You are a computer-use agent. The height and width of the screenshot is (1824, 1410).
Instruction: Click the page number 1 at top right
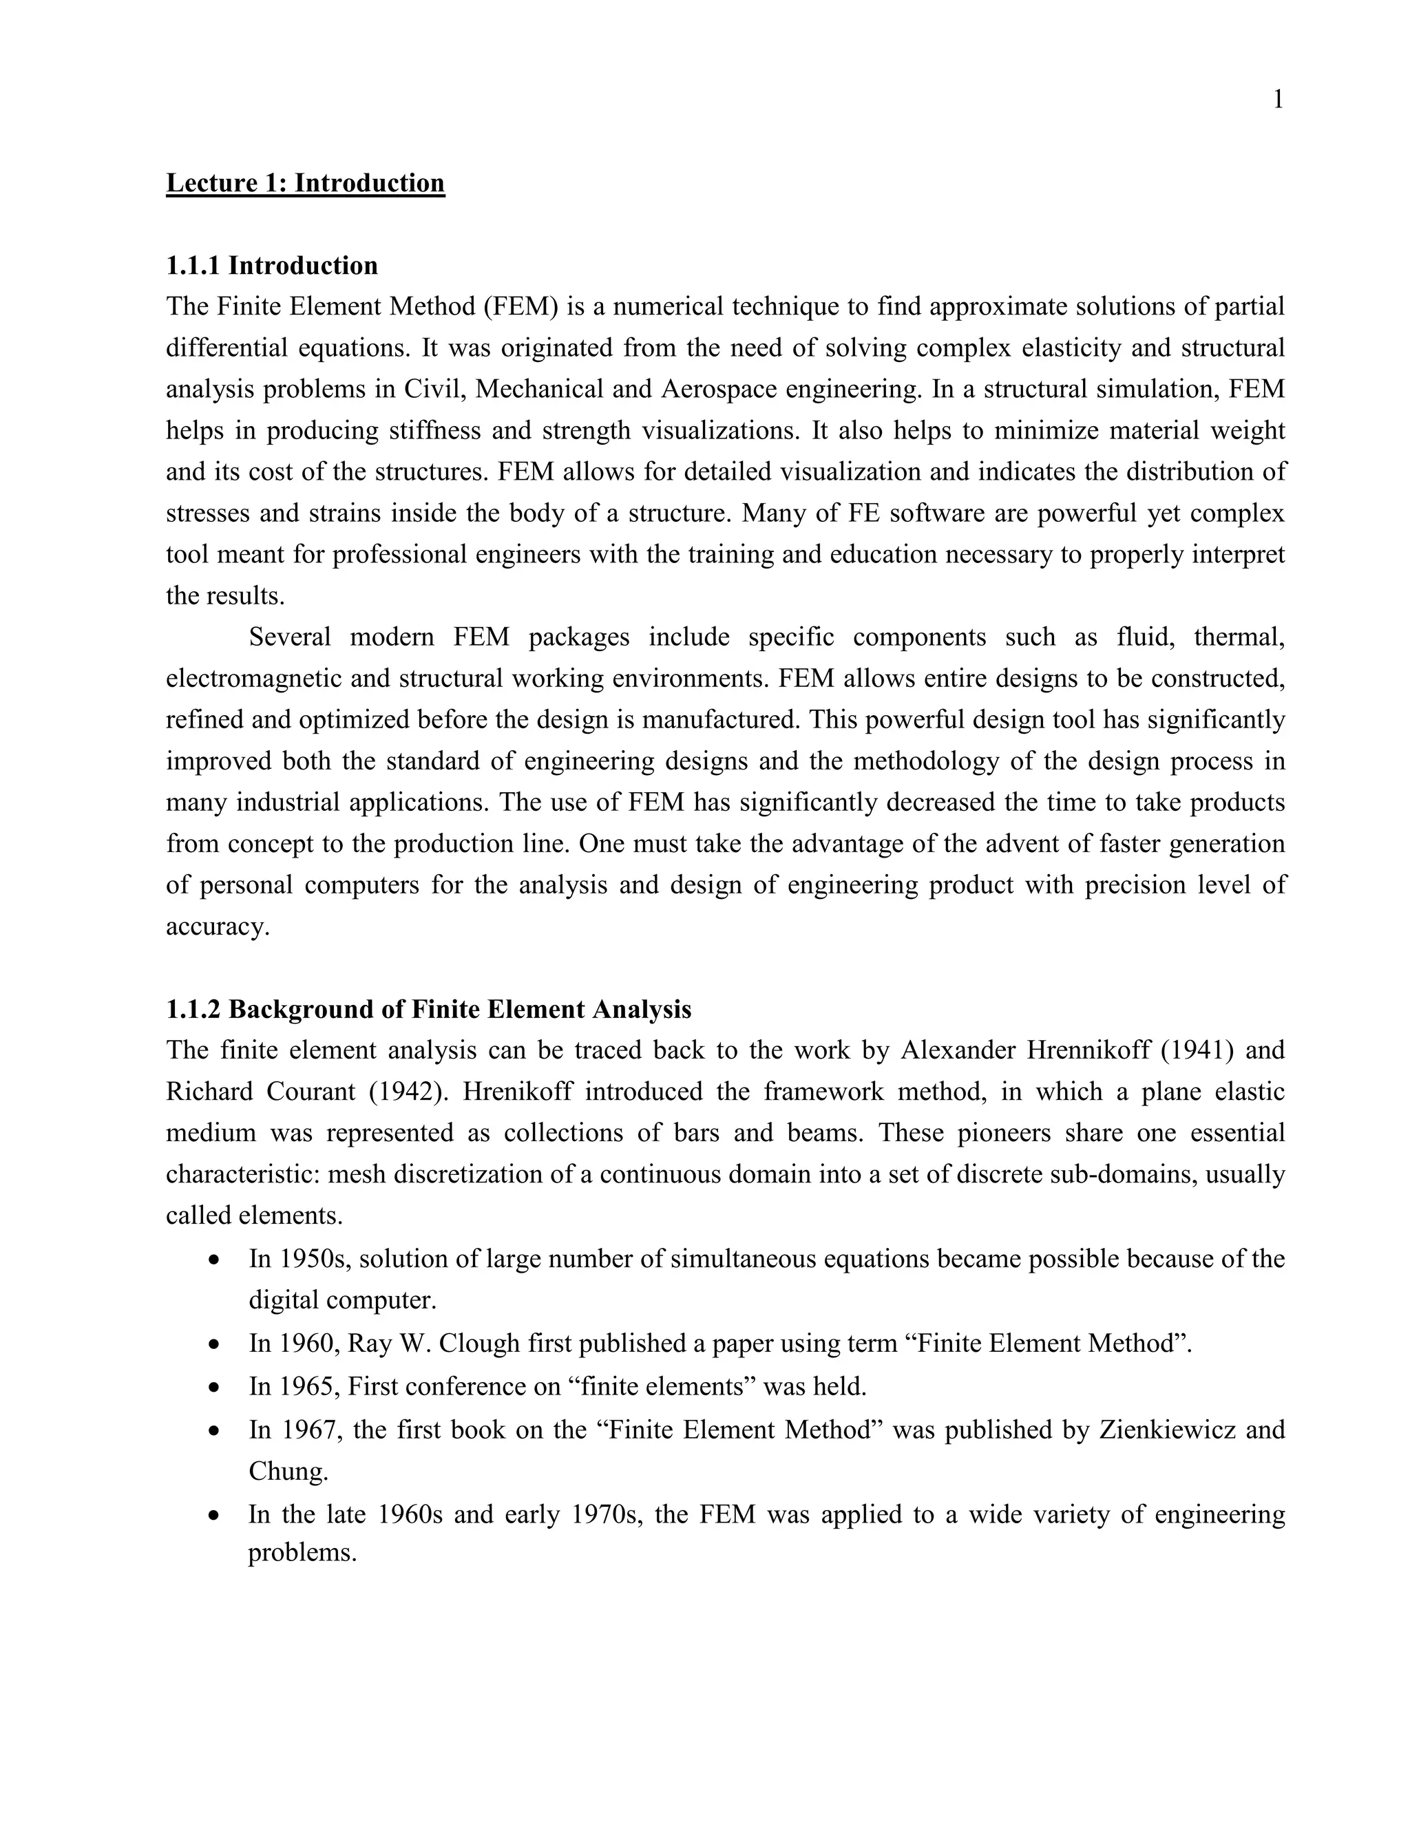[1277, 100]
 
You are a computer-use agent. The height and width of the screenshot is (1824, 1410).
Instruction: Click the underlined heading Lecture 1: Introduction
[305, 183]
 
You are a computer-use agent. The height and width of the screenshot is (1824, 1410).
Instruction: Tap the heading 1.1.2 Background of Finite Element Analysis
[428, 1009]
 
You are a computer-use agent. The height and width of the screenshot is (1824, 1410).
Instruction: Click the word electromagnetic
[253, 678]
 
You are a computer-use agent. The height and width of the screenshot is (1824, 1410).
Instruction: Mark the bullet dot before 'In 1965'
[215, 1387]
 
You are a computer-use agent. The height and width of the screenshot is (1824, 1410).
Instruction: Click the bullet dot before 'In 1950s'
[215, 1260]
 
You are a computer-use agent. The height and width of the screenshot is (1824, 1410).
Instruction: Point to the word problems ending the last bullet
[302, 1553]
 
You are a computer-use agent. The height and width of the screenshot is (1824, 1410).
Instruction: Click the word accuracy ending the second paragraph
[216, 926]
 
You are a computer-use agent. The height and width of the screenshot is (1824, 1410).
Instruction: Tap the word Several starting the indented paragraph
[290, 637]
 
